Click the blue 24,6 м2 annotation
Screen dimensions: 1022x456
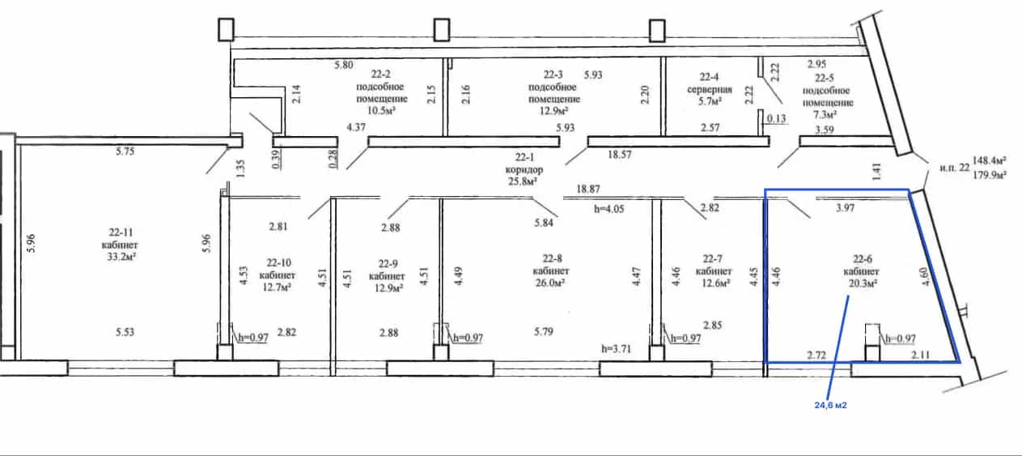click(830, 405)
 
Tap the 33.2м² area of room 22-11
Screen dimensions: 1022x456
click(121, 257)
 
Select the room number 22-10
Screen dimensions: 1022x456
click(278, 263)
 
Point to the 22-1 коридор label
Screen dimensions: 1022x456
click(524, 164)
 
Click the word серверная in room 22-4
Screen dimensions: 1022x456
click(709, 89)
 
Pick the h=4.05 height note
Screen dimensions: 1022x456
click(609, 209)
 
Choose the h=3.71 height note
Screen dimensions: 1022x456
click(616, 349)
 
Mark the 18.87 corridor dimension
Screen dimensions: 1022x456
click(588, 189)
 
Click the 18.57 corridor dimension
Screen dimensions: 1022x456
click(619, 155)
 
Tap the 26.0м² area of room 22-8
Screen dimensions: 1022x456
click(550, 283)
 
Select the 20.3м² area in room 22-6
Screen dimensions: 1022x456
click(863, 283)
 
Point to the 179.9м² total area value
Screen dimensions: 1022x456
click(990, 175)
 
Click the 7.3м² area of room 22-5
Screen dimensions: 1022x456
click(824, 114)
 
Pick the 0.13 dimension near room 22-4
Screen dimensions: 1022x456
click(776, 119)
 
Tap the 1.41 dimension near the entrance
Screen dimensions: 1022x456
click(876, 172)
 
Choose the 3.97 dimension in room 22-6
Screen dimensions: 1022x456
click(845, 207)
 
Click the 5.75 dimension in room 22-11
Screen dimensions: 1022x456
click(125, 151)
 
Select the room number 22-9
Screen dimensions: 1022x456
click(388, 264)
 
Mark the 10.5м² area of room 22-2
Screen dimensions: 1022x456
click(381, 110)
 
